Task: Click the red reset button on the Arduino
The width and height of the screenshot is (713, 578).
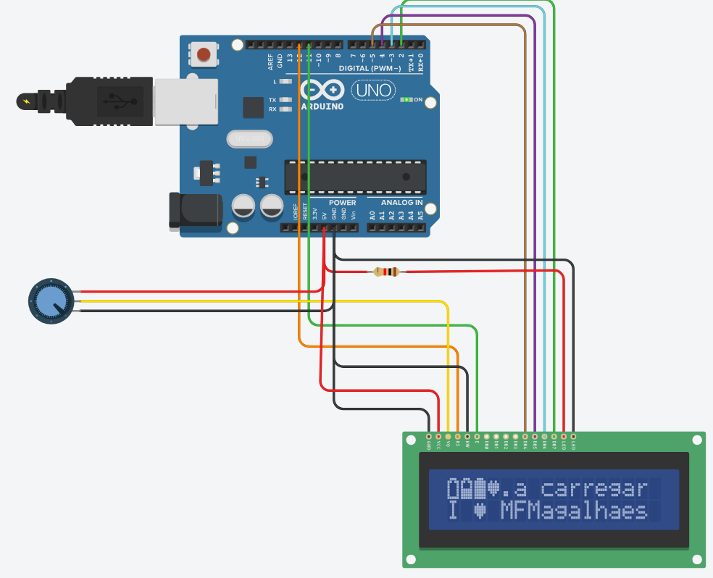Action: pyautogui.click(x=205, y=54)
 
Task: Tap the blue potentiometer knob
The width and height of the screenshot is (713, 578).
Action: pyautogui.click(x=50, y=301)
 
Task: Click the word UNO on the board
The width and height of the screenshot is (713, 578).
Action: pyautogui.click(x=373, y=91)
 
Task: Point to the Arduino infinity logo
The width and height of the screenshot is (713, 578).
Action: pyautogui.click(x=322, y=91)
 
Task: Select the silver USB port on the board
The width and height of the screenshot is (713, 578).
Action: pyautogui.click(x=186, y=101)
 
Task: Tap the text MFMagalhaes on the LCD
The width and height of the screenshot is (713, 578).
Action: pyautogui.click(x=574, y=511)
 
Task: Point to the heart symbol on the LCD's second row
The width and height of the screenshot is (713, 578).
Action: pyautogui.click(x=480, y=511)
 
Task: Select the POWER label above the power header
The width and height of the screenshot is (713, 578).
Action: pyautogui.click(x=342, y=203)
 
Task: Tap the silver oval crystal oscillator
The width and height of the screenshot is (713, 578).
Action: pyautogui.click(x=249, y=138)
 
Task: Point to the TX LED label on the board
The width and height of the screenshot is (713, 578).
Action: pyautogui.click(x=272, y=100)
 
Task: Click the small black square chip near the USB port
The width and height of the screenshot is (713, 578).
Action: pyautogui.click(x=253, y=107)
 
